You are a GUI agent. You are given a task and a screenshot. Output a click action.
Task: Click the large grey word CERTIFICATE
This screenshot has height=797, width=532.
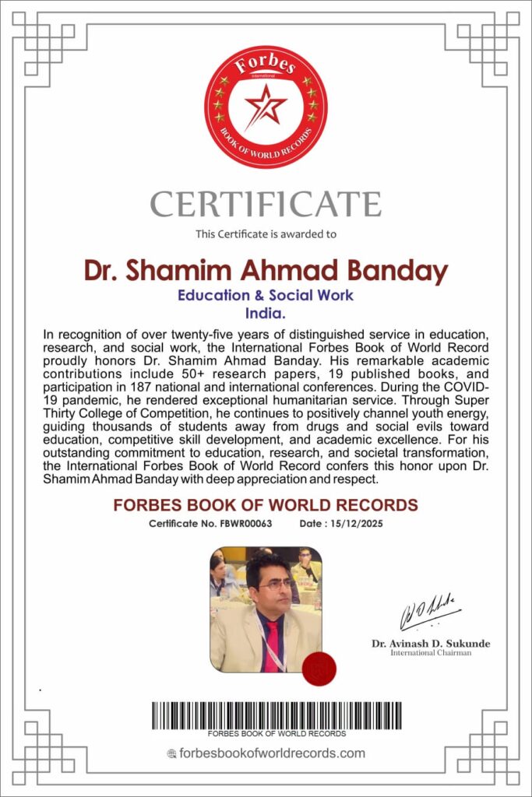coord(266,204)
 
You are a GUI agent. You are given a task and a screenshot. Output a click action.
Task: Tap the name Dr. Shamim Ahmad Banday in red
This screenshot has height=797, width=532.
coord(266,271)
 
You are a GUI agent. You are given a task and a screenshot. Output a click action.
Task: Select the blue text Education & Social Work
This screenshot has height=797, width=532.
coord(266,296)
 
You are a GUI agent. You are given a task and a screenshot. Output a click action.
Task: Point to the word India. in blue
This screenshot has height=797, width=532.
coord(266,313)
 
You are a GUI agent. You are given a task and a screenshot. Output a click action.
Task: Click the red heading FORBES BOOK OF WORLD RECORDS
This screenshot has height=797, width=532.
coord(266,505)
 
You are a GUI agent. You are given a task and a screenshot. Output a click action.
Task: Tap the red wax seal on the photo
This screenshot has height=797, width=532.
coord(318,669)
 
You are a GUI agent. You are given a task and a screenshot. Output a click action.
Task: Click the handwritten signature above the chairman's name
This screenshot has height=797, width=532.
coord(429,616)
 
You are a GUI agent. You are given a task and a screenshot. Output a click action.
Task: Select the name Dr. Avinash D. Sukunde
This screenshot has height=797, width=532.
coord(431,644)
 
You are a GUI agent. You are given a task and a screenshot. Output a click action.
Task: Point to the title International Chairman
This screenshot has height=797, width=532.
coord(431,653)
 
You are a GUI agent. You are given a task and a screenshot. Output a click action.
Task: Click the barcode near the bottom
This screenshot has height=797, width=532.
coord(277,715)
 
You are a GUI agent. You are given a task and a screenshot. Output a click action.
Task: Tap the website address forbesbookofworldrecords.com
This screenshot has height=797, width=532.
coord(272,753)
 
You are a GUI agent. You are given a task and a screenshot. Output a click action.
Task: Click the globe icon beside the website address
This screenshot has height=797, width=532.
coord(172,753)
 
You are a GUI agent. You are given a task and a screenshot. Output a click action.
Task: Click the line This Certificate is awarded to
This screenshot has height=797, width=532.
coord(266,233)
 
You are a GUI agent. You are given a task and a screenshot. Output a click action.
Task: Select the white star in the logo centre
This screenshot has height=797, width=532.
coord(265,105)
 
